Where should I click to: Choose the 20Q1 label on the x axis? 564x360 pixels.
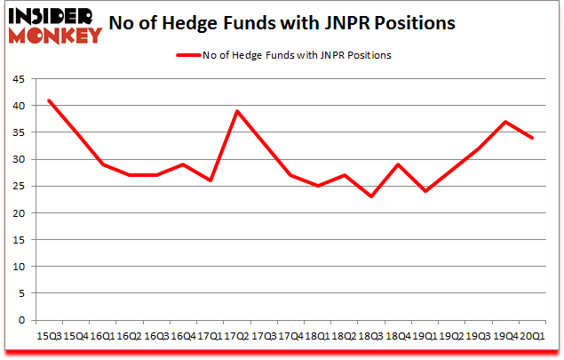(533, 337)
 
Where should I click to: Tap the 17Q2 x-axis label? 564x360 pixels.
(237, 337)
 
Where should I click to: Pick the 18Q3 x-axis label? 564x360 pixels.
(371, 337)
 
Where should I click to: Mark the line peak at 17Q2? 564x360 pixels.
(237, 111)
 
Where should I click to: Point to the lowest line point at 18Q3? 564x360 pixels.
(371, 196)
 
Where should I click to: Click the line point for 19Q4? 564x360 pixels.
(505, 122)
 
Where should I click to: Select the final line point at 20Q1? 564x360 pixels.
(533, 138)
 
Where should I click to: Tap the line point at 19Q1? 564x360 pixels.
(425, 191)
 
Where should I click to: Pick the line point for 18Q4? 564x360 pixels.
(398, 164)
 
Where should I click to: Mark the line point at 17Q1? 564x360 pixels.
(210, 180)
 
